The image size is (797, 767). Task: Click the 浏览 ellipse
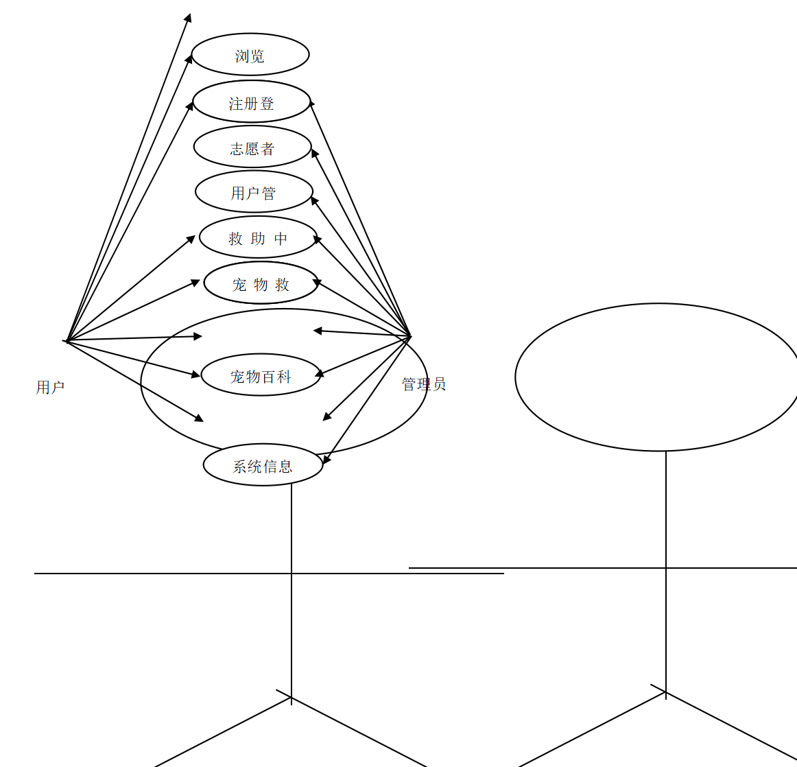click(x=250, y=55)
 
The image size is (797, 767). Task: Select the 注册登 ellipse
click(x=252, y=102)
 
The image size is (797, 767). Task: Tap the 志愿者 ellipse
click(x=252, y=147)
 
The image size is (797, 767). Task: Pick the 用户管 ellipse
click(x=254, y=193)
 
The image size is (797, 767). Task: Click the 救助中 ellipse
click(x=258, y=238)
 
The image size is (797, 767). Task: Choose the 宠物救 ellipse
click(x=261, y=283)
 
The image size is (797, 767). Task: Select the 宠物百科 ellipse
click(x=261, y=375)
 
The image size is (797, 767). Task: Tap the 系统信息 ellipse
click(x=263, y=465)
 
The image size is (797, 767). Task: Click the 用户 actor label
click(x=50, y=388)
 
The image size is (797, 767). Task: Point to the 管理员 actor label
click(x=424, y=384)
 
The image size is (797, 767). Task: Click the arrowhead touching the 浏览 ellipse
click(x=189, y=59)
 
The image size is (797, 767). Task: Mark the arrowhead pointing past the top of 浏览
click(x=189, y=17)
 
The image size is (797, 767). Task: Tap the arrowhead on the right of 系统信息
click(x=326, y=460)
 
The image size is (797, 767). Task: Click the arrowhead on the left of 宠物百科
click(x=196, y=375)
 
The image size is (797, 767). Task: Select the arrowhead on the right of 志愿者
click(x=314, y=153)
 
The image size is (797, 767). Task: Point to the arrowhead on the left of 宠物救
click(x=195, y=281)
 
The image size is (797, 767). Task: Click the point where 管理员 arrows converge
click(x=410, y=336)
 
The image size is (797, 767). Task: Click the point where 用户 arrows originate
click(x=66, y=340)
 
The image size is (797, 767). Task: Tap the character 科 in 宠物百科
click(x=284, y=376)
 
